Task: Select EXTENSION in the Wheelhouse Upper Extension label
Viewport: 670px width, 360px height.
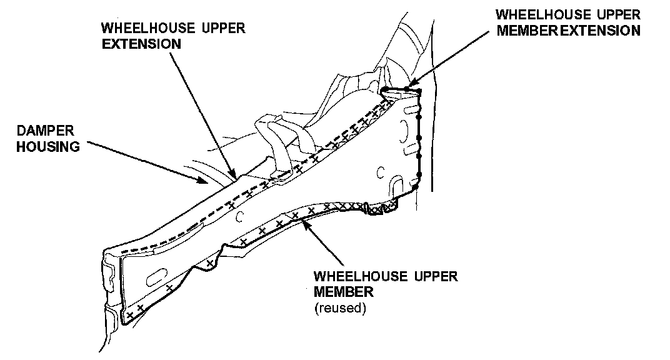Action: coord(142,44)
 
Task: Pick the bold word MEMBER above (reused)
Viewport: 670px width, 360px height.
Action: coord(344,292)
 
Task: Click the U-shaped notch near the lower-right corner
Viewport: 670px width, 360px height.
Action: coord(397,185)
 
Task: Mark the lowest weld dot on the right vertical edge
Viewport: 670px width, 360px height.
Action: coord(416,186)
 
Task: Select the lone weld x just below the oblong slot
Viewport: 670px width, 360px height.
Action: coord(169,288)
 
